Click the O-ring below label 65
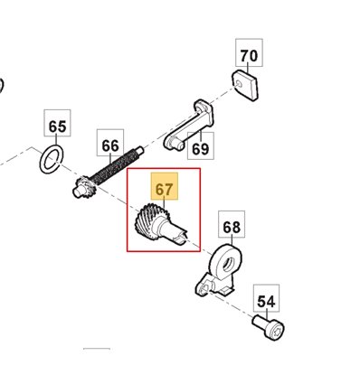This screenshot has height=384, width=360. click(x=52, y=159)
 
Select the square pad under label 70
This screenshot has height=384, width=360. click(x=244, y=86)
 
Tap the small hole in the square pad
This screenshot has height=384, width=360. click(x=240, y=83)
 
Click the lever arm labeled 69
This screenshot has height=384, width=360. click(x=189, y=126)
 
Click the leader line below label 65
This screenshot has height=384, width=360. click(x=56, y=141)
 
